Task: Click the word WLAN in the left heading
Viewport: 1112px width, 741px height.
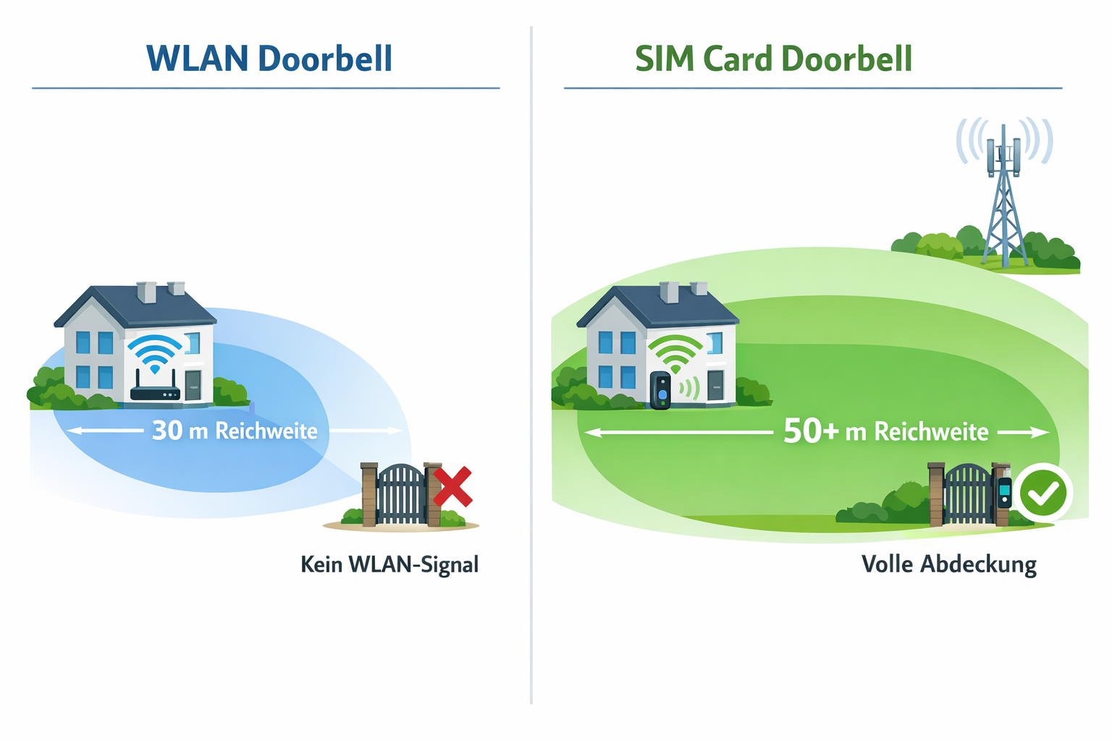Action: (197, 59)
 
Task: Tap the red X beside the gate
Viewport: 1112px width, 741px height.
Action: (452, 486)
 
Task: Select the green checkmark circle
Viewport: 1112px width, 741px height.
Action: (1042, 492)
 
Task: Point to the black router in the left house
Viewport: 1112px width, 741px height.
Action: (155, 392)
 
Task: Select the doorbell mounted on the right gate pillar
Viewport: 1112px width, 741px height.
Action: (1004, 492)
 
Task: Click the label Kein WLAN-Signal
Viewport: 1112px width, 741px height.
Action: (389, 564)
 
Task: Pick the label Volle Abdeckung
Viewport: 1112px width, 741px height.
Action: (948, 564)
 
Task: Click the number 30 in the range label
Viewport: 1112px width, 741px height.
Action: (167, 431)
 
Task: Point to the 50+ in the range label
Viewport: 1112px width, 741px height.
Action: (810, 431)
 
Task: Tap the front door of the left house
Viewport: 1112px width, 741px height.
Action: (193, 385)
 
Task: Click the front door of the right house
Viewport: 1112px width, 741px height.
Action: (715, 385)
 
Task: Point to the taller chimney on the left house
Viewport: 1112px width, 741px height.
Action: (147, 292)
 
